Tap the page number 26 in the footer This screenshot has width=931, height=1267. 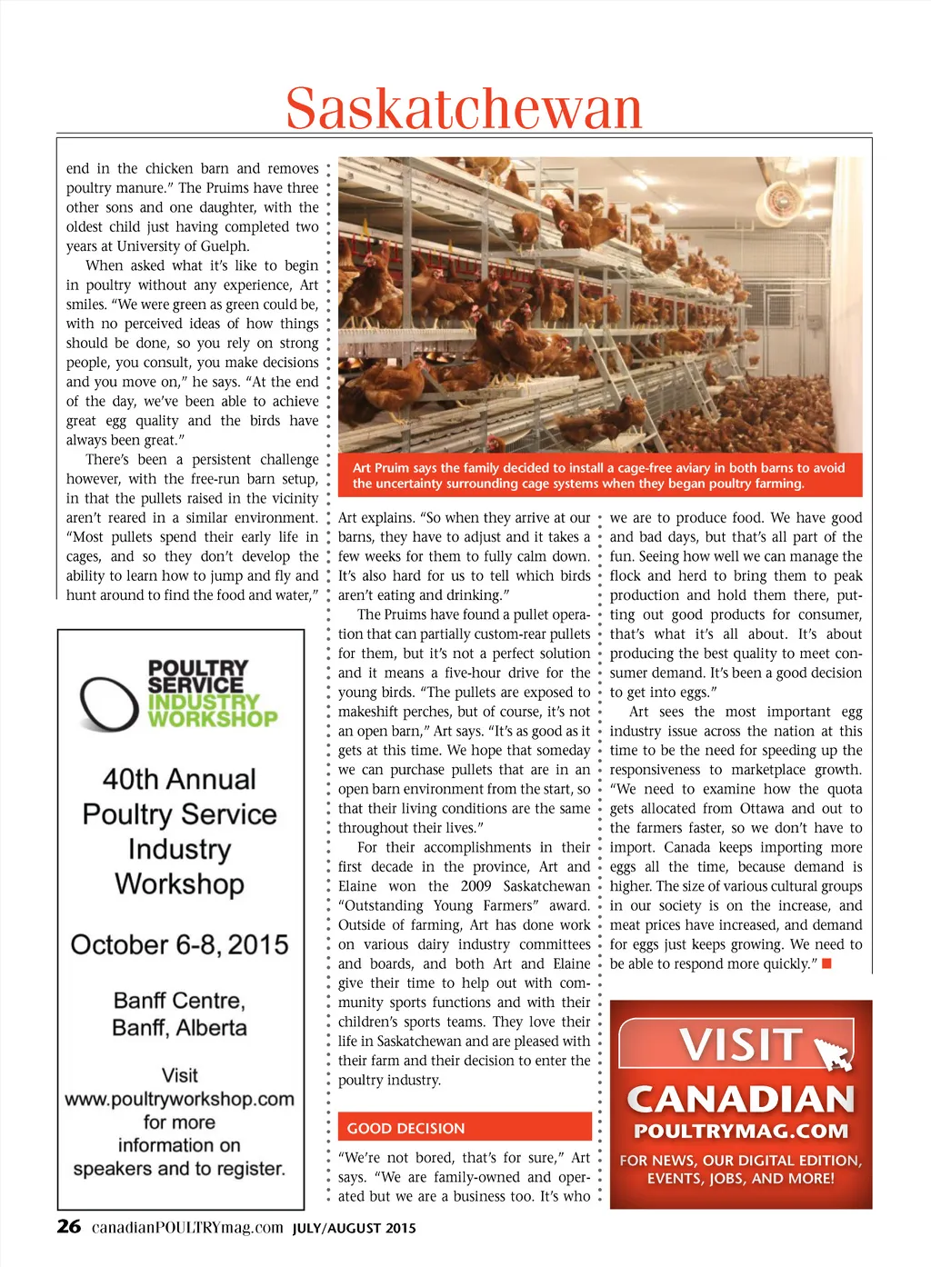[69, 1226]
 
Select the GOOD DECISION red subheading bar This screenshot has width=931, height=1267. [465, 1127]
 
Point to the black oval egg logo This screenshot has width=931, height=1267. [108, 703]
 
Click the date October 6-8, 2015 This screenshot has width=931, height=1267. [179, 944]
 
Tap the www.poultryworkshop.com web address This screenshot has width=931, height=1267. [179, 1099]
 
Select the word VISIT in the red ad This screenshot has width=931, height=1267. [740, 1044]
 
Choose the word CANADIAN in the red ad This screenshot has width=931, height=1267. [741, 1099]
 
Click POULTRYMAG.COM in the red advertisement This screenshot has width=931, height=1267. [741, 1132]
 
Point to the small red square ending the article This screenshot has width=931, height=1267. [826, 963]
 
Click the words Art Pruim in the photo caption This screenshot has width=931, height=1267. [380, 468]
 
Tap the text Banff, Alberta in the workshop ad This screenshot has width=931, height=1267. [179, 1028]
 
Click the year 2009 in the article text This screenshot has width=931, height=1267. [476, 886]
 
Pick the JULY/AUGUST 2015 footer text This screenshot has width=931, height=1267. [354, 1228]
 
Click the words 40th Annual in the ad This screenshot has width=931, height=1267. [179, 779]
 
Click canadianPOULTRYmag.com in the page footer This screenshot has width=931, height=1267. [187, 1227]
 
